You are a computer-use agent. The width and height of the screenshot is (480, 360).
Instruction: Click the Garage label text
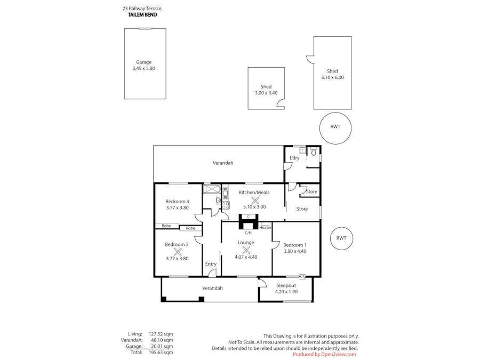click(x=143, y=62)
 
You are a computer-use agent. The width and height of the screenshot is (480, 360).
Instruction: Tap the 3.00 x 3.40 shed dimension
click(x=266, y=93)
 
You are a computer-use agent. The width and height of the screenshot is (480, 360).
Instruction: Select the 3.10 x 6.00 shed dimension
click(x=332, y=77)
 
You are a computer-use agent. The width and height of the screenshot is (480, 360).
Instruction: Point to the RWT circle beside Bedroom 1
click(x=341, y=238)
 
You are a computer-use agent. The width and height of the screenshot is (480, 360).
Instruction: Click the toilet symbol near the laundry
click(x=314, y=152)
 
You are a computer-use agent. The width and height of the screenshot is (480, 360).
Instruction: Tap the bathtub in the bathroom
click(x=212, y=189)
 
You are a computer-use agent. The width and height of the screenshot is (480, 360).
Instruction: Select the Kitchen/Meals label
click(x=254, y=192)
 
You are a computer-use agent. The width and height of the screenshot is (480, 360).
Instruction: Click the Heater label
click(x=265, y=228)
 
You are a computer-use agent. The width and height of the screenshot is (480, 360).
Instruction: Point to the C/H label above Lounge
click(x=248, y=233)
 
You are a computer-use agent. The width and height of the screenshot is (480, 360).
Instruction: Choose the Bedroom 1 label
click(x=294, y=245)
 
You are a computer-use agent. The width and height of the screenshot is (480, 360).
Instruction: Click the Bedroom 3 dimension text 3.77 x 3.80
click(x=177, y=208)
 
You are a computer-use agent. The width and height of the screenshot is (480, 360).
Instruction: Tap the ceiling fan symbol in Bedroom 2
click(x=178, y=252)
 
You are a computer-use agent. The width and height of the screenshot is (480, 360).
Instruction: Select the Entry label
click(x=211, y=264)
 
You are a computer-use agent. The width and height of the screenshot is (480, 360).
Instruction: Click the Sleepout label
click(x=286, y=285)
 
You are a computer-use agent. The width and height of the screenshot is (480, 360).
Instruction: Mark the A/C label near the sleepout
click(x=302, y=276)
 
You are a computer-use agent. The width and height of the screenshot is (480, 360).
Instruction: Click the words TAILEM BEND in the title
click(x=142, y=15)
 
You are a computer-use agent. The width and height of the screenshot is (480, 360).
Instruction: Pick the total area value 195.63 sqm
click(x=161, y=352)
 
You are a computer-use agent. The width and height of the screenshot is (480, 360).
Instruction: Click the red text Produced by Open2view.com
click(x=324, y=354)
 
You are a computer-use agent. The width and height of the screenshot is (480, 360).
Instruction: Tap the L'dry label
click(x=294, y=158)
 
